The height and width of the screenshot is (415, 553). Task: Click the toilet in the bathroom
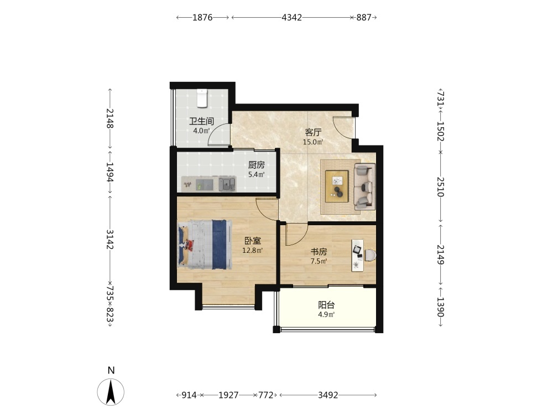tap(202, 98)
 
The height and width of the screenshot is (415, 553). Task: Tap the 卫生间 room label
tap(201, 121)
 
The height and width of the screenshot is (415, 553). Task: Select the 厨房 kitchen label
tap(257, 165)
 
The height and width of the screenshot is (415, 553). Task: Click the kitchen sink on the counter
tap(227, 184)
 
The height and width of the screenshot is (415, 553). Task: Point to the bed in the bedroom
tap(205, 245)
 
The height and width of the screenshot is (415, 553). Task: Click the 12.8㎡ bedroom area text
tap(253, 251)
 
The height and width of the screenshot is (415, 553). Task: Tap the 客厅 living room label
tap(313, 133)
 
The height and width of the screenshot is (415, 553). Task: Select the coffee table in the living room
tap(337, 186)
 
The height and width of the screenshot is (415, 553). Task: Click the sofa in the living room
tap(364, 186)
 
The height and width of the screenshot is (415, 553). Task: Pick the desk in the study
tap(358, 256)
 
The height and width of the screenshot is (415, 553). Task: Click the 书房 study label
tap(319, 252)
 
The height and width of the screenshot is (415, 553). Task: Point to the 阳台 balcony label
tap(326, 305)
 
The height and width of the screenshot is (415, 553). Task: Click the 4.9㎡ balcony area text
tap(326, 314)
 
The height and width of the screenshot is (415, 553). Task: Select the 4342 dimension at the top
tap(292, 17)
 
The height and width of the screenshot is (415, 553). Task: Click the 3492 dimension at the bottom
tap(328, 395)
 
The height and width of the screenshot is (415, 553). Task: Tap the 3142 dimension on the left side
tap(110, 239)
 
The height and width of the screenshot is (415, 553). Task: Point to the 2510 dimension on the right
tap(441, 186)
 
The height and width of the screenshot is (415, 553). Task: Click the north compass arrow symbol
tap(111, 392)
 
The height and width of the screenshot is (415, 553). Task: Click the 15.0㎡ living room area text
tap(313, 142)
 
